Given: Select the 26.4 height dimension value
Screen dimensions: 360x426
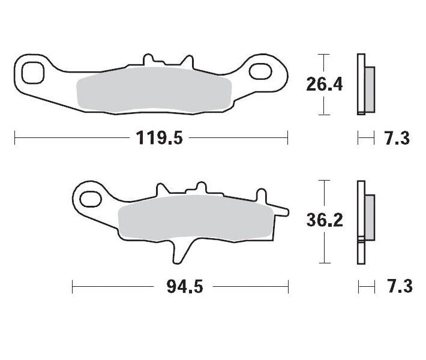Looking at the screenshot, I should point(324,85).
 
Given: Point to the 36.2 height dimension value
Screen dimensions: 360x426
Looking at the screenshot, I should point(324,221).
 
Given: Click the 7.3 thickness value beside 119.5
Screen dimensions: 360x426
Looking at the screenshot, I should point(396,139).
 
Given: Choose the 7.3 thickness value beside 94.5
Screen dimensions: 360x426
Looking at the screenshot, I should point(396,287).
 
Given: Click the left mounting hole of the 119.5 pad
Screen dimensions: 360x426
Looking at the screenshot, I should point(32,73).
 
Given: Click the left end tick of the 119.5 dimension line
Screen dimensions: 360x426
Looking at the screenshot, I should point(14,139).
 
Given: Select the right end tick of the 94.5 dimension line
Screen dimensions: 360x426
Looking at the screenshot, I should point(288,287).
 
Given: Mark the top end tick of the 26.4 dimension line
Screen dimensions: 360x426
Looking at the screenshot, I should point(324,55).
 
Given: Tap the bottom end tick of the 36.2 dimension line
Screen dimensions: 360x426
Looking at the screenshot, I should point(324,263).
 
